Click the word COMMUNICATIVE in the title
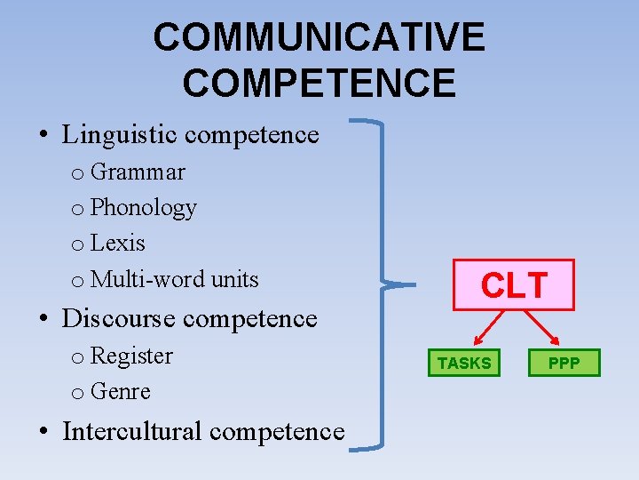pyautogui.click(x=319, y=37)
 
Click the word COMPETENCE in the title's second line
pyautogui.click(x=319, y=82)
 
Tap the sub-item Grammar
pyautogui.click(x=138, y=171)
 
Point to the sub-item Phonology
pyautogui.click(x=143, y=208)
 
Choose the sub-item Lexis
pyautogui.click(x=117, y=243)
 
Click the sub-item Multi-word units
pyautogui.click(x=174, y=279)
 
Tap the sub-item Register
pyautogui.click(x=131, y=356)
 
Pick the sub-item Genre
pyautogui.click(x=121, y=391)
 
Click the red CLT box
pyautogui.click(x=514, y=284)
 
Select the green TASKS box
pyautogui.click(x=464, y=363)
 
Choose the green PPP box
pyautogui.click(x=564, y=363)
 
